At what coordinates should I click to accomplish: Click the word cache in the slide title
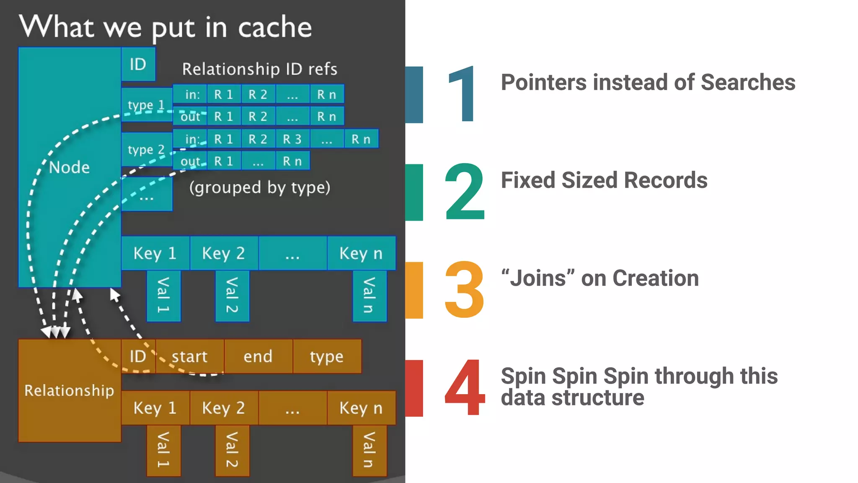tap(275, 28)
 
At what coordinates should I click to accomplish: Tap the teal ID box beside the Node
tap(138, 64)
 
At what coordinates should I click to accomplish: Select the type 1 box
tap(146, 105)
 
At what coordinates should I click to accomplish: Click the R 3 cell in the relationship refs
tap(292, 139)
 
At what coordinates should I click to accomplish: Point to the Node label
tap(69, 167)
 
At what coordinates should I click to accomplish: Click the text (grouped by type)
tap(259, 187)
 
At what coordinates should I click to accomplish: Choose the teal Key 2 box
tap(223, 253)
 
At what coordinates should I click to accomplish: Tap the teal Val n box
tap(369, 296)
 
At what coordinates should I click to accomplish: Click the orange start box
tap(189, 356)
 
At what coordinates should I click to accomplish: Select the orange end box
tap(258, 356)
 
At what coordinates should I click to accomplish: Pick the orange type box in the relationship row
tap(326, 356)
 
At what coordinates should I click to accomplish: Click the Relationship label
tap(69, 390)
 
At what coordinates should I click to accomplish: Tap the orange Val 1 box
tap(163, 450)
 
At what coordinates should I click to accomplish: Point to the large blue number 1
tap(462, 94)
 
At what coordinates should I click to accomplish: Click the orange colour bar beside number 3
tap(414, 290)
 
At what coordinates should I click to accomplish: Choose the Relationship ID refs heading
tap(259, 69)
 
